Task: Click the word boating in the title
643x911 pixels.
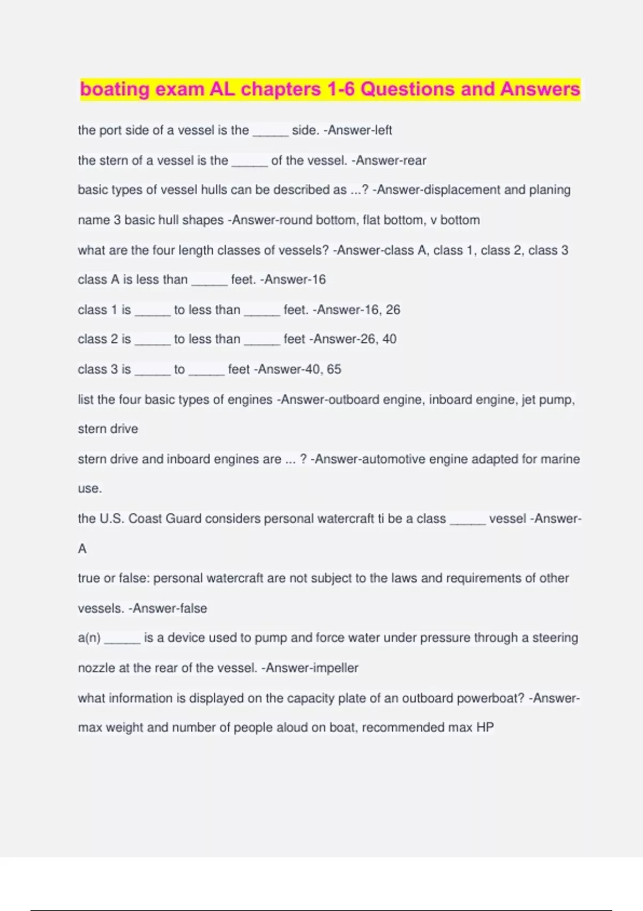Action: point(115,89)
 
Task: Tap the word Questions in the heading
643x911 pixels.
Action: point(408,89)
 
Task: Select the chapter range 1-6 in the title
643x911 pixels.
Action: point(341,89)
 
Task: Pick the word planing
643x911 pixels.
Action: point(550,190)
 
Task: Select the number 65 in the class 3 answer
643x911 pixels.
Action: point(334,369)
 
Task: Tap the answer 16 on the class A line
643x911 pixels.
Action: point(318,280)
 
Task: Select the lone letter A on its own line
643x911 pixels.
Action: point(82,549)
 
